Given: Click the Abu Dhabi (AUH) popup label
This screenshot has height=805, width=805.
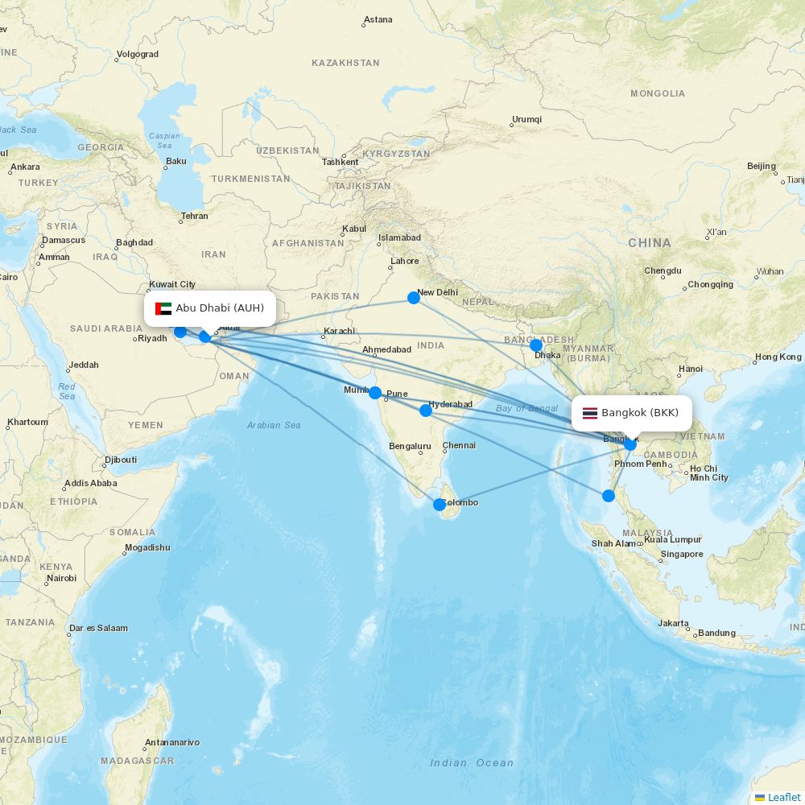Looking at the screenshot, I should (219, 308).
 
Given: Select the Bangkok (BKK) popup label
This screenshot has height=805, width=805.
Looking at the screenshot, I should (639, 413).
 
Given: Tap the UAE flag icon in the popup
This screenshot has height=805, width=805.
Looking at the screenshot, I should (163, 308).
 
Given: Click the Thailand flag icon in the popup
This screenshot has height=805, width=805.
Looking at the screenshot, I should (590, 414).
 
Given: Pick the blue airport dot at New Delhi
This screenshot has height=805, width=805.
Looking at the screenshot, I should (414, 298).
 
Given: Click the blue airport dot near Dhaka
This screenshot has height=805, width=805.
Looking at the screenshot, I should (536, 345).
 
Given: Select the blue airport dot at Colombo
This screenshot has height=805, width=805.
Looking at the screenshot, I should (440, 505).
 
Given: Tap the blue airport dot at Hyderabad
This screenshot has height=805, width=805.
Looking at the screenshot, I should (426, 411).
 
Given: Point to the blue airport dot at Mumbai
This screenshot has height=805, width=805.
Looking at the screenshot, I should (375, 393).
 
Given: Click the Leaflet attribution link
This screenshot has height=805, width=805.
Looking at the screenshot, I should (783, 797).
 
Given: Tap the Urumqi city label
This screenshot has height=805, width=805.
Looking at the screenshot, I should (526, 120).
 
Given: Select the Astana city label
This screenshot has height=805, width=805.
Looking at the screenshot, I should (378, 19).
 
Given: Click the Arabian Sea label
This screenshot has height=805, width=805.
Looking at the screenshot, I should (274, 425).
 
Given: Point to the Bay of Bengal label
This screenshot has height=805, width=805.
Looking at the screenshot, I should (526, 408).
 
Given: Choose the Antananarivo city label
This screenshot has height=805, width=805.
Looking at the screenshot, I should (171, 742).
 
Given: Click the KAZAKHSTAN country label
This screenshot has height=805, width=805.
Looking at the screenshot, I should (345, 63).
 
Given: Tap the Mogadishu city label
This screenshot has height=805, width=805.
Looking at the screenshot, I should (147, 548).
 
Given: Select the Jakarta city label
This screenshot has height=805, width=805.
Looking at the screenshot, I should (673, 623).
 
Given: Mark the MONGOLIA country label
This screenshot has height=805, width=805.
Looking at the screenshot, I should (658, 93).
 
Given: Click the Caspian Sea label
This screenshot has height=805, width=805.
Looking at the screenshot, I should (164, 141).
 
